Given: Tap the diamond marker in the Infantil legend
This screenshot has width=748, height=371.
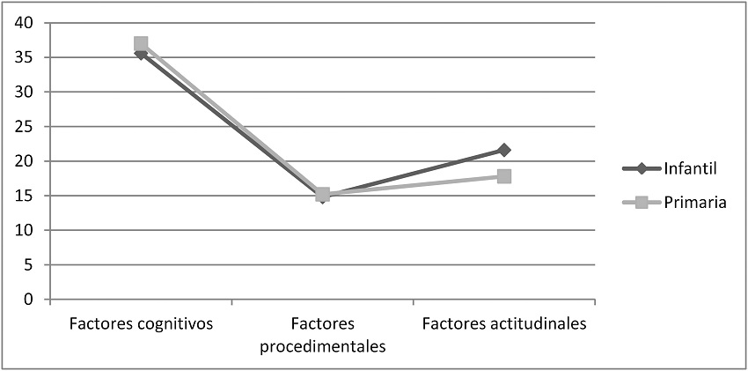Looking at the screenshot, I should click(x=642, y=168).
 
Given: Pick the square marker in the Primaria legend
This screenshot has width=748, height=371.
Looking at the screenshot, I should click(x=642, y=202).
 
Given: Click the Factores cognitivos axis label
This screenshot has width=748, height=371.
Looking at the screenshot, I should click(x=141, y=323).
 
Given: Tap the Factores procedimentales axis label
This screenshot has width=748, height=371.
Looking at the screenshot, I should click(x=323, y=335).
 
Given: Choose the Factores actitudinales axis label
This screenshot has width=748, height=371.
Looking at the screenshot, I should click(x=504, y=323).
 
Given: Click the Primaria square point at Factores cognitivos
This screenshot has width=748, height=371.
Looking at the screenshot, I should click(x=141, y=44).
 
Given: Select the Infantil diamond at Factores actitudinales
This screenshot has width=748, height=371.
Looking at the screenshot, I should click(x=504, y=151).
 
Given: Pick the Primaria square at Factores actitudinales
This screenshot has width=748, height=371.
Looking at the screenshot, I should click(x=504, y=176).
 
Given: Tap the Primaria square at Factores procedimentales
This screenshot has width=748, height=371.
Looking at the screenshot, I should click(x=323, y=194).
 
